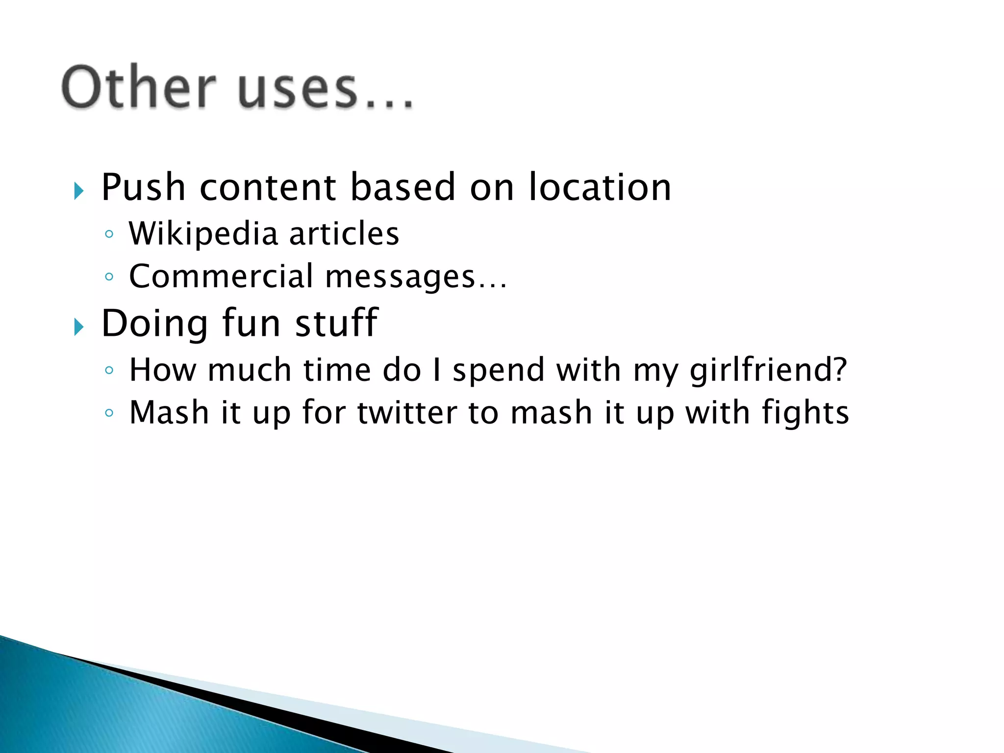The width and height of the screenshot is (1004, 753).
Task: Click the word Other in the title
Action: coord(138,87)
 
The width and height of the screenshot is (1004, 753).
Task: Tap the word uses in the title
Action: coord(297,88)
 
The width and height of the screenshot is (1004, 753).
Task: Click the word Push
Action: coord(143,187)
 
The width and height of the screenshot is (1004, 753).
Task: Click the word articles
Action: coord(344,233)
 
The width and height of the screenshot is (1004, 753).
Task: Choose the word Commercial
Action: coord(221,276)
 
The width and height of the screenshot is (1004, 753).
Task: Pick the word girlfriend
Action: coord(768,370)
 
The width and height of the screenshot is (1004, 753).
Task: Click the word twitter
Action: coord(406,412)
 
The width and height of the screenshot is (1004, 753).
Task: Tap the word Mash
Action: coord(169,412)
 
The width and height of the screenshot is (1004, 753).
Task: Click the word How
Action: coord(162,370)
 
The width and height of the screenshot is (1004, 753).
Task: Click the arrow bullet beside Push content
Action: coord(79,191)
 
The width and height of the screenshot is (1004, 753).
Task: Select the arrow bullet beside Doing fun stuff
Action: coord(79,326)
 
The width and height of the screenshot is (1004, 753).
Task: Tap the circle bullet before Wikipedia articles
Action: coord(109,234)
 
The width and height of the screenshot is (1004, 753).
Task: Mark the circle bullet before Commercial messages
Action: coord(109,277)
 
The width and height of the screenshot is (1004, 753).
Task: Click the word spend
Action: coord(499,371)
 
